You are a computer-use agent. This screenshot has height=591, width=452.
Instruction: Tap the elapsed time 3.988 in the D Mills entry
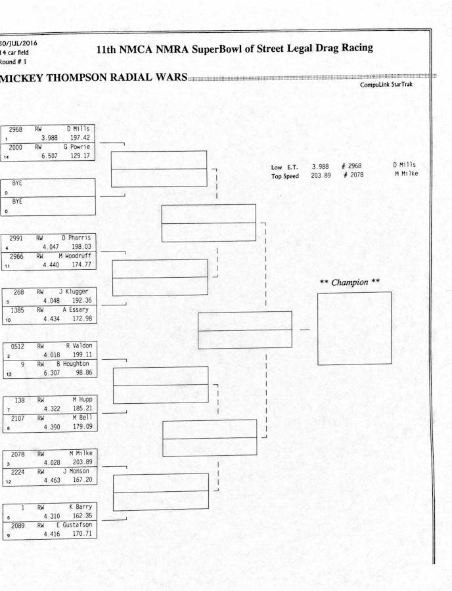click(x=50, y=138)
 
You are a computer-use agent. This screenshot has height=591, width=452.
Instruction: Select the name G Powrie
click(x=77, y=147)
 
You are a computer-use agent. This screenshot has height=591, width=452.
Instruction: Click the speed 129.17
click(x=80, y=156)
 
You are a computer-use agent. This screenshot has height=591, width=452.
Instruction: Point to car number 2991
click(x=15, y=238)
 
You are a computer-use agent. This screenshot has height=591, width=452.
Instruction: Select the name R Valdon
click(x=79, y=345)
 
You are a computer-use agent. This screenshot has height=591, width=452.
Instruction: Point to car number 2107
click(x=16, y=417)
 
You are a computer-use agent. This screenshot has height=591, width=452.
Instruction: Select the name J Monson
click(x=77, y=471)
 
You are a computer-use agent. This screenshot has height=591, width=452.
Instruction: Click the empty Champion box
click(x=354, y=328)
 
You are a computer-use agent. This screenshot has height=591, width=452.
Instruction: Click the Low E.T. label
click(x=284, y=167)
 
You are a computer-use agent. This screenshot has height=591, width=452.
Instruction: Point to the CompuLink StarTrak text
click(x=386, y=85)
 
